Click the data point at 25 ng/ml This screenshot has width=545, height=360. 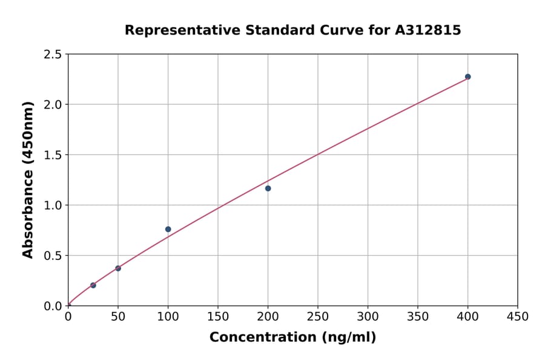[93, 285]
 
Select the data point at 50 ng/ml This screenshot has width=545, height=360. [118, 268]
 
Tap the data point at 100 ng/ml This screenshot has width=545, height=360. [168, 229]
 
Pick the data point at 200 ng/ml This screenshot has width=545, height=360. [268, 188]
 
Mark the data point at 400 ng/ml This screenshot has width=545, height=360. [468, 77]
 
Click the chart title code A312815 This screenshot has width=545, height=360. [428, 30]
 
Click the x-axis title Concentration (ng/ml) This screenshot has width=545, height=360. [292, 337]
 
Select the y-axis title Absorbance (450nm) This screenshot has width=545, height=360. [28, 179]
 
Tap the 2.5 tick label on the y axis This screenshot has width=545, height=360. [53, 55]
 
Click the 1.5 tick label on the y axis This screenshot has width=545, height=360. [53, 155]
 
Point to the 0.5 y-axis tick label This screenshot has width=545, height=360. [53, 256]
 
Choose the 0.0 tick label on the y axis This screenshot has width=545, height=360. [53, 306]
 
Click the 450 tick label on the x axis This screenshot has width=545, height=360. [518, 316]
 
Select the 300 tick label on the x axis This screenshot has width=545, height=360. [368, 316]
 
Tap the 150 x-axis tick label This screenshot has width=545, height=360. [218, 316]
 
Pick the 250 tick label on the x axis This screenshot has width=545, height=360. [318, 316]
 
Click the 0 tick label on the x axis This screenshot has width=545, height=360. [68, 316]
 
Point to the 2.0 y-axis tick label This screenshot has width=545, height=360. [53, 105]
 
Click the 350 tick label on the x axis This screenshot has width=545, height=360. [418, 316]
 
